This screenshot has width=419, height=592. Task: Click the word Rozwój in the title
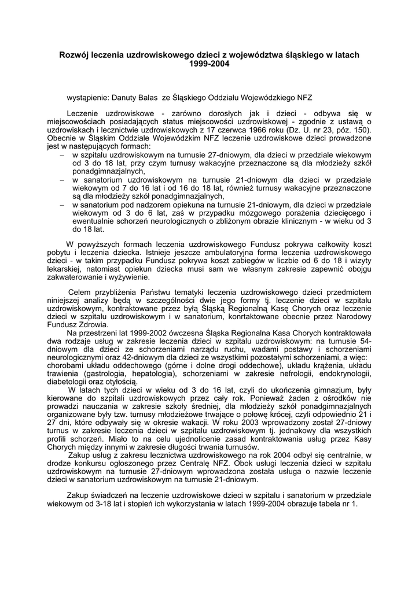(x=75, y=55)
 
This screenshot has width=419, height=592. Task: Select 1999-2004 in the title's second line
(x=209, y=64)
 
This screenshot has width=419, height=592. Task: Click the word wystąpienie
(x=89, y=99)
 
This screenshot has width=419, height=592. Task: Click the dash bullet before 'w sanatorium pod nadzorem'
(x=63, y=205)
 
